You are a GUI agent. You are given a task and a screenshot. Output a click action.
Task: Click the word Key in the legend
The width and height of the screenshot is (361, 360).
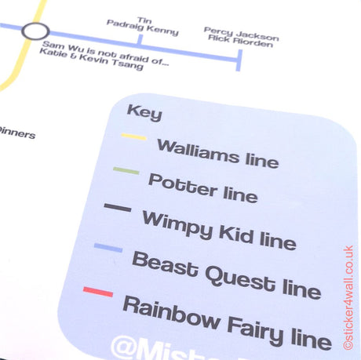coord(144,113)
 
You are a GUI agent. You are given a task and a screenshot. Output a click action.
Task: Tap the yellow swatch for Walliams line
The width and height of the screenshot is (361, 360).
coord(134,139)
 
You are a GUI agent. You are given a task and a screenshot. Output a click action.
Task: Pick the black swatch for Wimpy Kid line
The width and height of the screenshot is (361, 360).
coord(118,208)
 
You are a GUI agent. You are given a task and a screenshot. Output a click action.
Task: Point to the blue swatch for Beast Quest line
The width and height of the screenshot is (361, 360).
coord(108,249)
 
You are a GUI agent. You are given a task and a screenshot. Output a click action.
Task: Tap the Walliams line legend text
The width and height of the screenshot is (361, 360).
coord(217,152)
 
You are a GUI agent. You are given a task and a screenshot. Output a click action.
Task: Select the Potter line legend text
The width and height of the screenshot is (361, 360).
coord(202,187)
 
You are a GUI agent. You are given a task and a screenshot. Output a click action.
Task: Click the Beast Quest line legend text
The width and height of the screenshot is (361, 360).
coord(226,275)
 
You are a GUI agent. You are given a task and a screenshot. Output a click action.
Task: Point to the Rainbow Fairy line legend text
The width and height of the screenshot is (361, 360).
coord(226,322)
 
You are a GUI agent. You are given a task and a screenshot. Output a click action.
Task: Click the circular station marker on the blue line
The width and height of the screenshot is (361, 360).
coord(35,32)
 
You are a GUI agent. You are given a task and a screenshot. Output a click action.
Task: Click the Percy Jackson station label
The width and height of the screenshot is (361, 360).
coord(240,36)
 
